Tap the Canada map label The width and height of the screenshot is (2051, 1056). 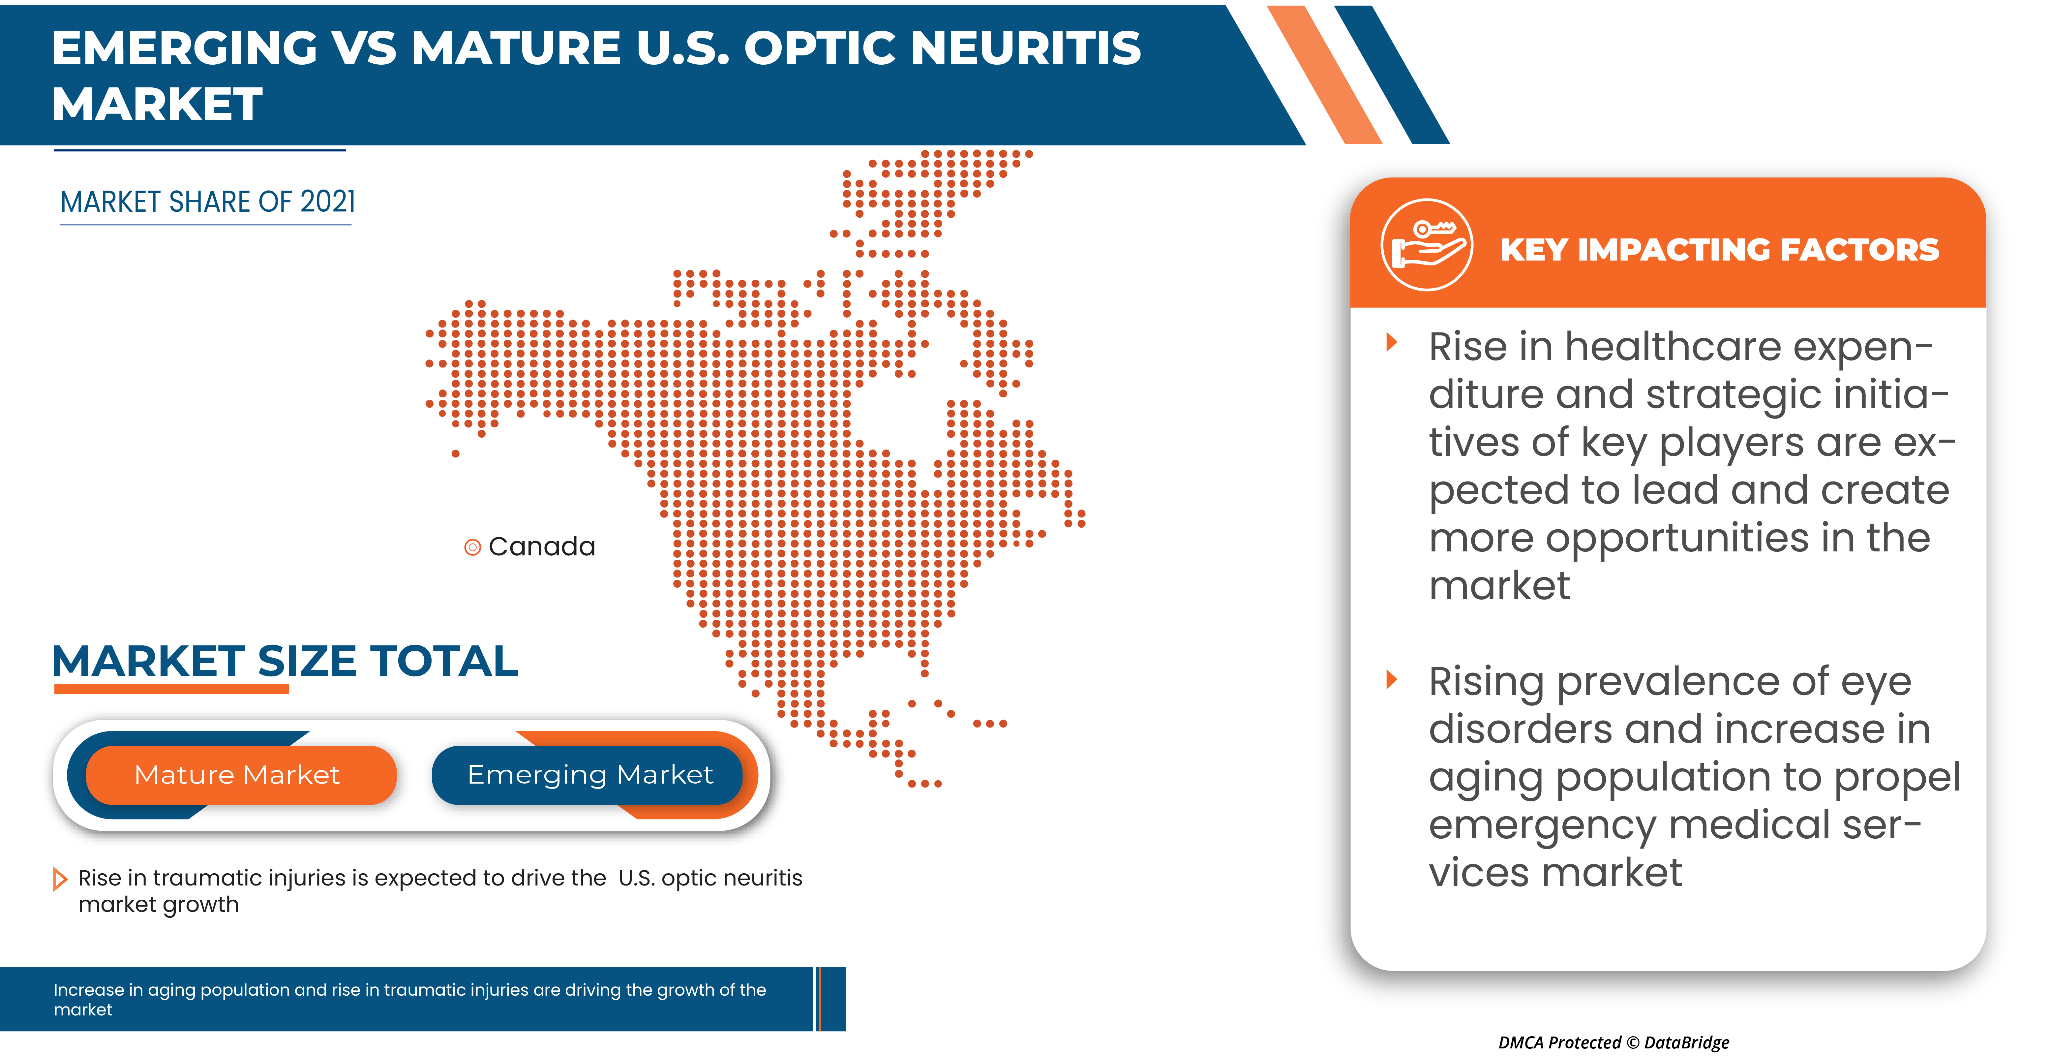pyautogui.click(x=541, y=546)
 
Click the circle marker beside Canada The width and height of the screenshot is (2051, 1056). pyautogui.click(x=472, y=547)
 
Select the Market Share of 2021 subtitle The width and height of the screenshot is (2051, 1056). pyautogui.click(x=208, y=202)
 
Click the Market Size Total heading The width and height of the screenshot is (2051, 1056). pyautogui.click(x=285, y=661)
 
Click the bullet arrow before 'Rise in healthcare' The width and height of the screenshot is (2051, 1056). pyautogui.click(x=1392, y=342)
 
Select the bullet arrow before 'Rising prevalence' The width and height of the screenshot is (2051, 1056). pyautogui.click(x=1392, y=679)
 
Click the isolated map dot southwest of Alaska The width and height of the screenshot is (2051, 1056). pyautogui.click(x=455, y=454)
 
